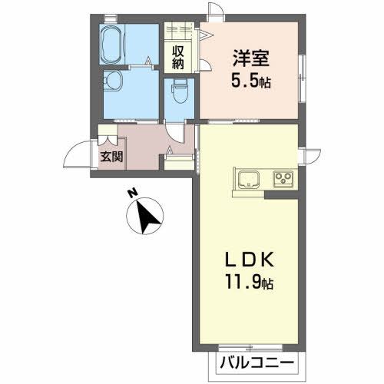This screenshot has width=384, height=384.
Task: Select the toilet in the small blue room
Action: (x=178, y=93)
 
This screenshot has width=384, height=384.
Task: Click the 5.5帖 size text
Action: (x=252, y=80)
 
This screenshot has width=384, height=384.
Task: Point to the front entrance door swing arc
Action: (x=78, y=154)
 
